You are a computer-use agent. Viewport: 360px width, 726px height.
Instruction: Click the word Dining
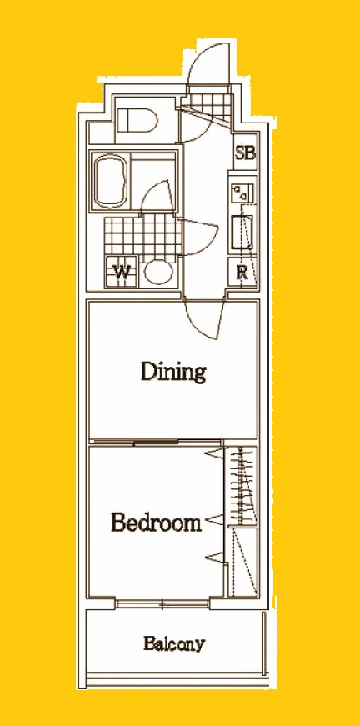pos(173,372)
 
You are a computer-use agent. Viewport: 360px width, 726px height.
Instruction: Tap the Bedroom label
pos(157,523)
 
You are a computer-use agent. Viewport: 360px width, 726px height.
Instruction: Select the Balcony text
pos(173,643)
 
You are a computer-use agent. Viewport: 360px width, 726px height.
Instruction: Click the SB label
pos(245,153)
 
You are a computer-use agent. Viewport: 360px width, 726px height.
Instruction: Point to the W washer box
pos(121,271)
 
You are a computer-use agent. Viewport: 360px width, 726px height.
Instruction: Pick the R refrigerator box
pos(243,273)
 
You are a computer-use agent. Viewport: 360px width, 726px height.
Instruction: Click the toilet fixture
pos(137,120)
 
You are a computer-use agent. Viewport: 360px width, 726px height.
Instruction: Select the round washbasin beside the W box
pos(157,273)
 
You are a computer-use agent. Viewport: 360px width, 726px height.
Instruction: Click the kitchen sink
pos(242,234)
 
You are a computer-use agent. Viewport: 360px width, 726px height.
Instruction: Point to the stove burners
pos(242,193)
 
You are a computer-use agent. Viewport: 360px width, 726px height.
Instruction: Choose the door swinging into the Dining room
pos(204,319)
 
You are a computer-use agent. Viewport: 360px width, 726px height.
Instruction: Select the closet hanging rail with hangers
pos(242,485)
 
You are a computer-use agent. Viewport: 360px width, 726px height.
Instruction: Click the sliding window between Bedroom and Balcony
pos(162,603)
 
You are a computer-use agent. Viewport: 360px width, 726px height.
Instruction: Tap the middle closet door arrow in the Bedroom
pos(214,520)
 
